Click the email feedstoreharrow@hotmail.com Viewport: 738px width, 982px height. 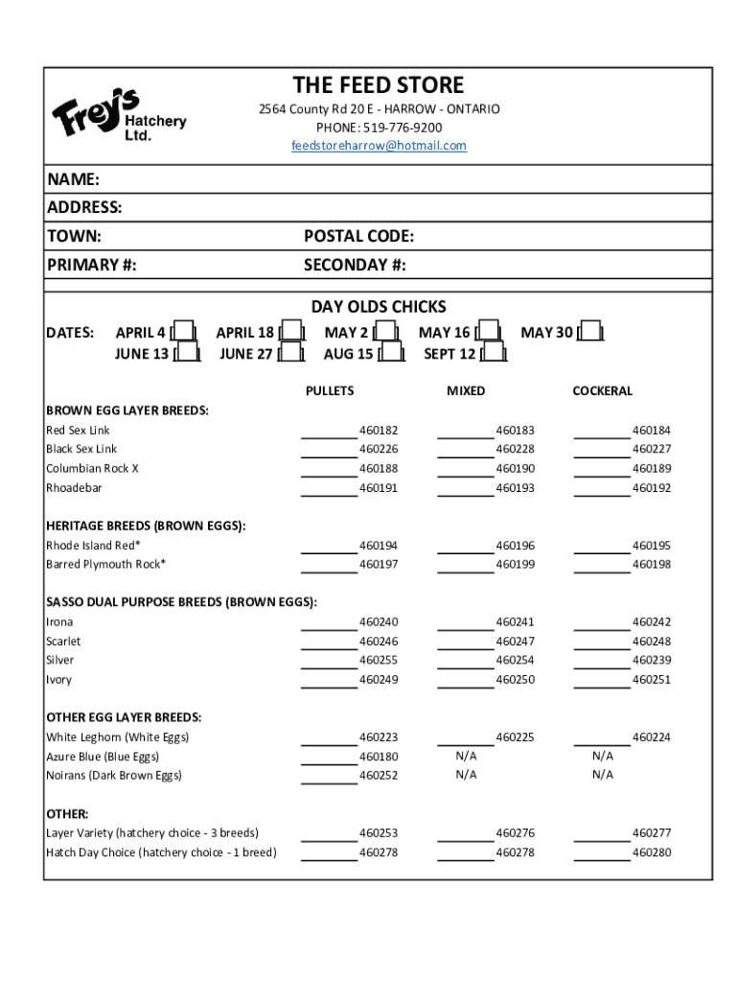379,146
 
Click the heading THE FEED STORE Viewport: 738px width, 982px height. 379,85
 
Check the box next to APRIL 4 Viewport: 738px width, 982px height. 183,332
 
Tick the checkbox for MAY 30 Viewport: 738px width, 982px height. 590,332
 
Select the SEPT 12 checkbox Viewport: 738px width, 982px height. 492,354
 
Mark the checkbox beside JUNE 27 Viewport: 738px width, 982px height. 289,354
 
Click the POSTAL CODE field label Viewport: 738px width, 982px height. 358,236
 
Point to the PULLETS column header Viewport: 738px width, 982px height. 329,390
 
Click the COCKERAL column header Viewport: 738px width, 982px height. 602,390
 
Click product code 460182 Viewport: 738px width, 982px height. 378,431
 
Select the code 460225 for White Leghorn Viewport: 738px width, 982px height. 515,737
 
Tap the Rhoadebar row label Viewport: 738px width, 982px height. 74,488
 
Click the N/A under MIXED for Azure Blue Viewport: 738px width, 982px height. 466,757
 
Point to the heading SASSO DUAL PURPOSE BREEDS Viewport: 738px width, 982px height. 181,602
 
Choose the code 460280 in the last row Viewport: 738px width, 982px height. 651,853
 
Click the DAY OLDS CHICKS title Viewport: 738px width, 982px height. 379,307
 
